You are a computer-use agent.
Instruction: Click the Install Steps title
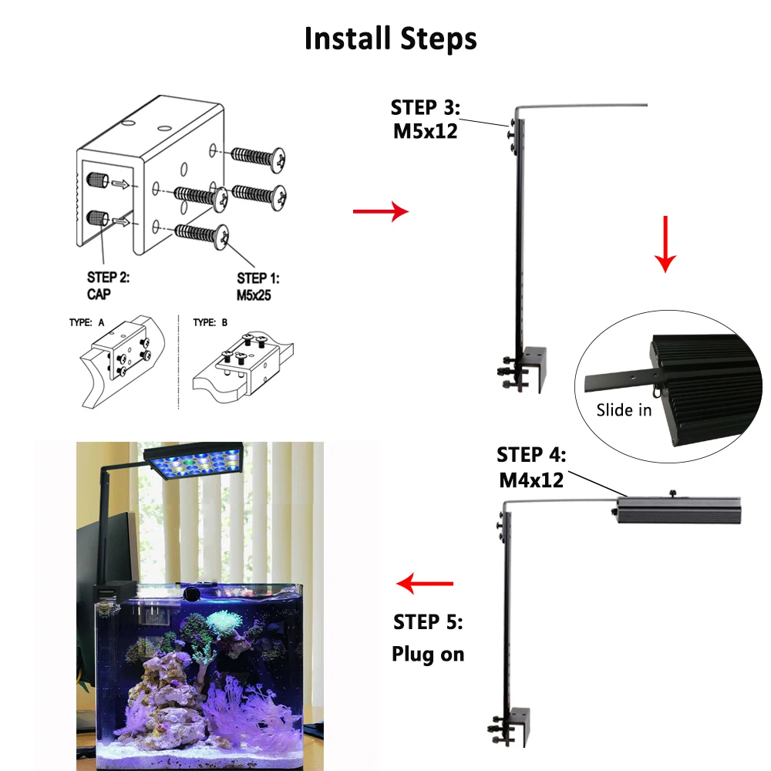tap(390, 39)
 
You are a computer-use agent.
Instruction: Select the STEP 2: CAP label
tap(108, 285)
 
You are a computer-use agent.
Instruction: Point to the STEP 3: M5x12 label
tap(425, 119)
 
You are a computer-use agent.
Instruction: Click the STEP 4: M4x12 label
tap(530, 466)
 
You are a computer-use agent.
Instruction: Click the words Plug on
tap(428, 655)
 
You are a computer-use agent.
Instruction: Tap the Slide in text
tap(624, 409)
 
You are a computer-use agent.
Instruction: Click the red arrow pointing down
tap(665, 244)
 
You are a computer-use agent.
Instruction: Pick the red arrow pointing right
tap(380, 210)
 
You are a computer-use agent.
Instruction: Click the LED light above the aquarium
tap(196, 463)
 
